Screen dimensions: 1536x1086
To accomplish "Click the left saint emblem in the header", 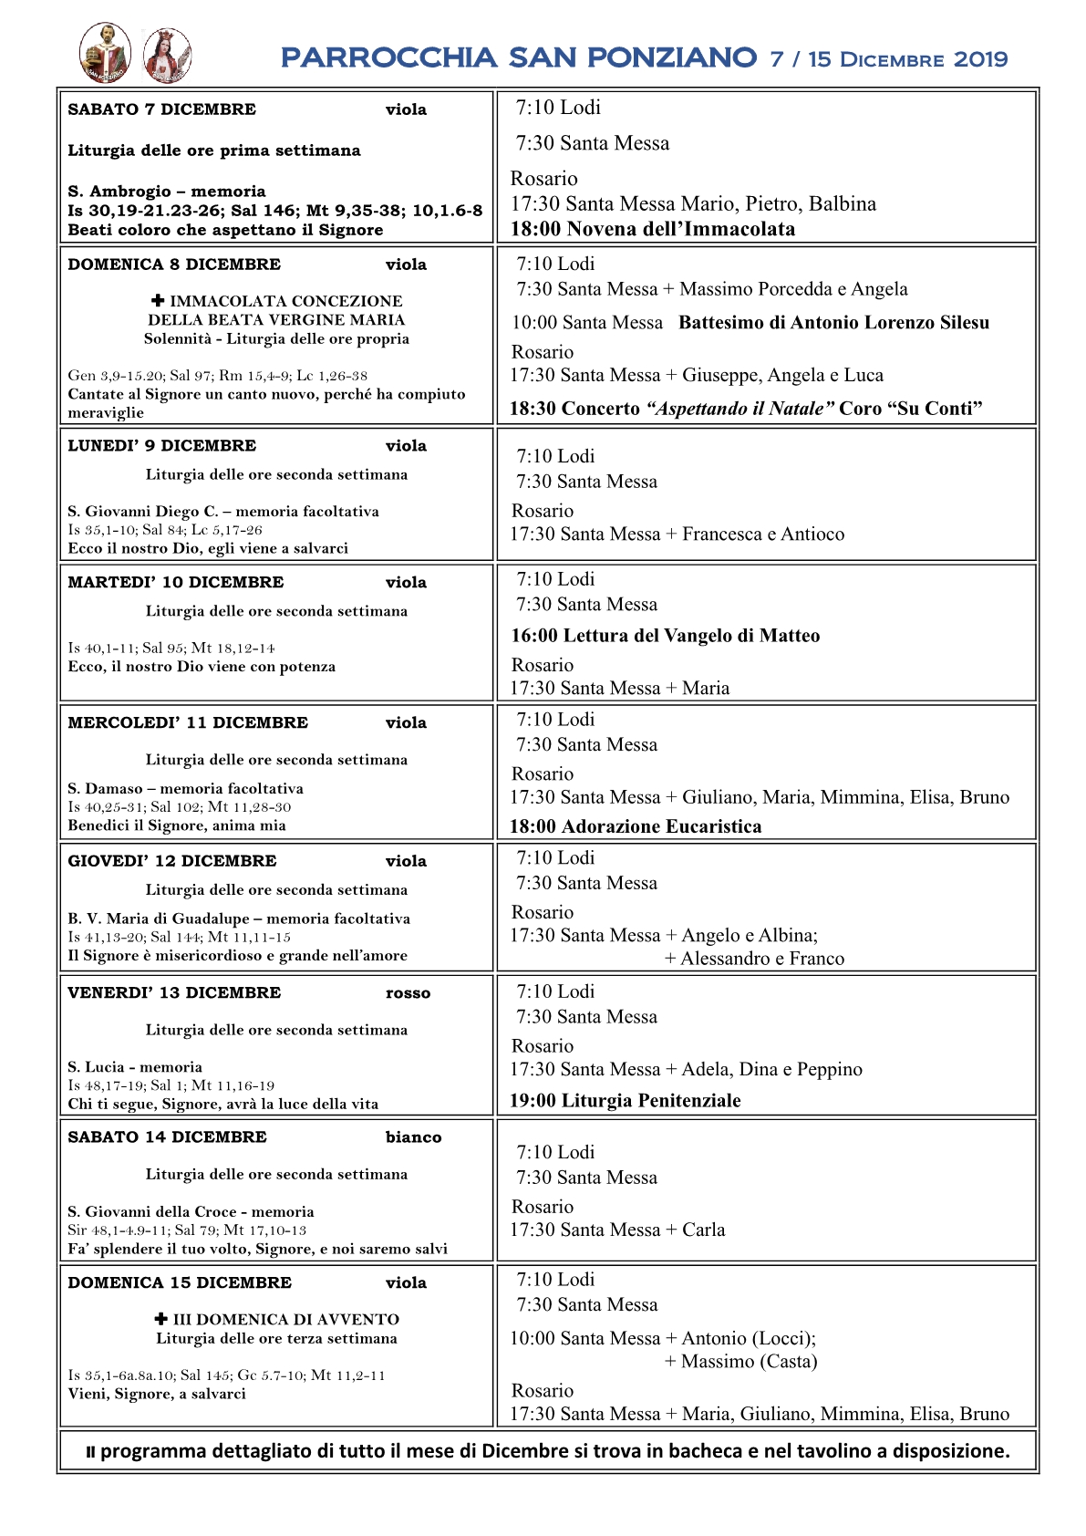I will (105, 53).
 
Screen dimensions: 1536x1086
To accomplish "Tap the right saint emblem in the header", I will (167, 56).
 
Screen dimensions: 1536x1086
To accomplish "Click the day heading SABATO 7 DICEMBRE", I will (161, 109).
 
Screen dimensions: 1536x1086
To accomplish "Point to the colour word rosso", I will (408, 993).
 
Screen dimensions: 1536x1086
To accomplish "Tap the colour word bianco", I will (413, 1137).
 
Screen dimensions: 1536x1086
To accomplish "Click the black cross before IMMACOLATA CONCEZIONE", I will (158, 300).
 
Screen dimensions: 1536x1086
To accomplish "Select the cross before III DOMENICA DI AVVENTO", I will (161, 1319).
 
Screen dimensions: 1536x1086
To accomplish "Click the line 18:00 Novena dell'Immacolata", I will (652, 229).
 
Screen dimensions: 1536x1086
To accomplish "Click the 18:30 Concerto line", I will (745, 409).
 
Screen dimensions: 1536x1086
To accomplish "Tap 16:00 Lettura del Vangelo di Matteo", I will (665, 636).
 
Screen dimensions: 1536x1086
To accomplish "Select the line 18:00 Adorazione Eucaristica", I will (635, 826).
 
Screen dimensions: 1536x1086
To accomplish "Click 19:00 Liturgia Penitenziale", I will (625, 1101).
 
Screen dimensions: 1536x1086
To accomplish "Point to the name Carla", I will (703, 1230).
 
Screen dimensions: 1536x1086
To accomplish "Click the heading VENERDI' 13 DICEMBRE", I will (174, 992).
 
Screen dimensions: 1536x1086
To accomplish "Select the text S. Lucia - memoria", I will (135, 1066).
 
